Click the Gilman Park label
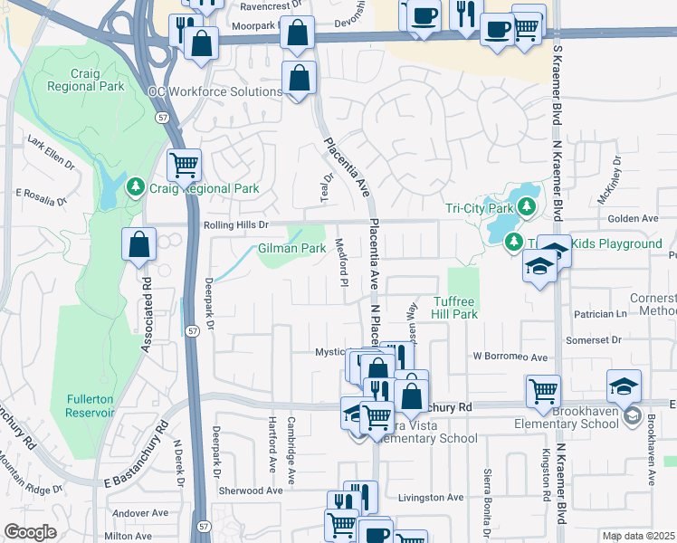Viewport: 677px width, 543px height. click(291, 248)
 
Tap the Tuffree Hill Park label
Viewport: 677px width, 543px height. click(454, 308)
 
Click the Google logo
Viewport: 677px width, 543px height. click(29, 532)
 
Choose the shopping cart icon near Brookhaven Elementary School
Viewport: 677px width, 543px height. click(543, 390)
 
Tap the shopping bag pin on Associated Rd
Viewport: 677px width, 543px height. click(139, 244)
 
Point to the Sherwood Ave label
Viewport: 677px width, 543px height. click(251, 491)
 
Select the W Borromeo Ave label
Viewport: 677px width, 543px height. click(510, 357)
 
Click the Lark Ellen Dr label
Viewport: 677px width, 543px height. click(51, 151)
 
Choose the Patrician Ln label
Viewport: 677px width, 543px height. click(600, 314)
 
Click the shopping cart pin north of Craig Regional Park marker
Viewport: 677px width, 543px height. click(185, 165)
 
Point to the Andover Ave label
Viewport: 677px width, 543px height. click(140, 512)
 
